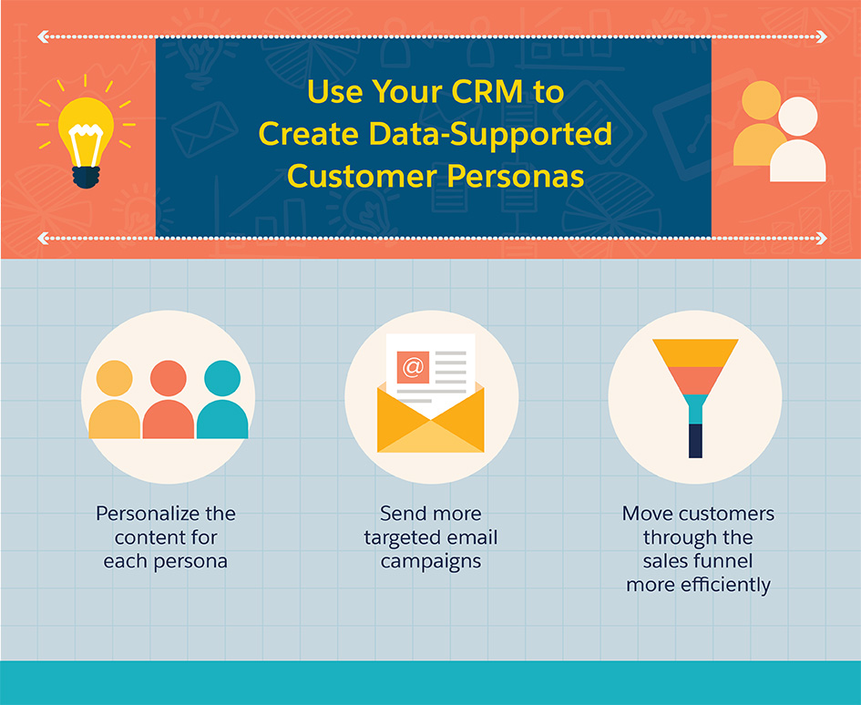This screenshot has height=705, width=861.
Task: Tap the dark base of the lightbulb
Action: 87,177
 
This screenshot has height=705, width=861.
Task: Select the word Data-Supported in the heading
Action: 490,133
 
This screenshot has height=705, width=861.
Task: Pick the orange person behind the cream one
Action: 760,124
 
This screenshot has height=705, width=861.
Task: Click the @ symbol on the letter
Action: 413,367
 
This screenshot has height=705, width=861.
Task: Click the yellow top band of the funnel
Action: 695,353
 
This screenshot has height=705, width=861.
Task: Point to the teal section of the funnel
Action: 695,409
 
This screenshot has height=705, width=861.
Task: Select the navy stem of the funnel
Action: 695,441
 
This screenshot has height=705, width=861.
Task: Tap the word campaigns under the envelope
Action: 430,562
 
